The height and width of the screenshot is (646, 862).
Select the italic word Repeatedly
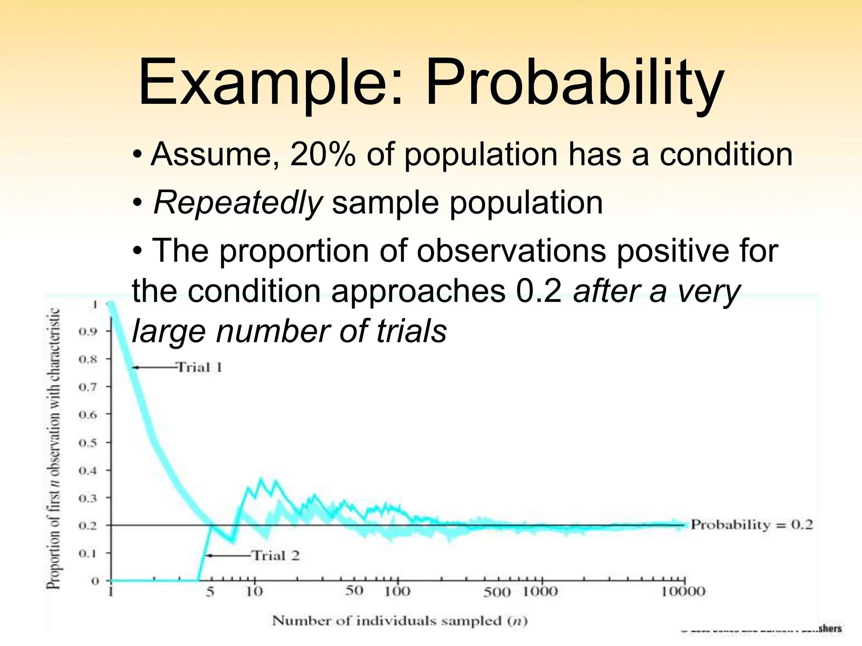[x=238, y=203]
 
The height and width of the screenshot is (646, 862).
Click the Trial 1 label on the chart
[x=199, y=368]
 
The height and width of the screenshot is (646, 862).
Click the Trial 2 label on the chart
[x=276, y=556]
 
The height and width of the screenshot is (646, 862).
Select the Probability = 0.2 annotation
[x=752, y=525]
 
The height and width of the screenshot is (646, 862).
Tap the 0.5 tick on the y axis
[x=88, y=443]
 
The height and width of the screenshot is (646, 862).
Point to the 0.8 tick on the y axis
[x=88, y=360]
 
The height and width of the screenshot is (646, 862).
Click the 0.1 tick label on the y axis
[x=88, y=553]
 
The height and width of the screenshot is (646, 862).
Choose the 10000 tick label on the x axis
[x=683, y=592]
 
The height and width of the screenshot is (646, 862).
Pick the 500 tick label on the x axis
[x=497, y=593]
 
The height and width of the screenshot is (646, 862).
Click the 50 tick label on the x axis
[x=354, y=591]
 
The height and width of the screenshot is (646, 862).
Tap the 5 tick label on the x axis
[x=210, y=592]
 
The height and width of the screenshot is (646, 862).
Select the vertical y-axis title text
[x=53, y=448]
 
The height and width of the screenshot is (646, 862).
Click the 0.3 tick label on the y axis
[x=88, y=498]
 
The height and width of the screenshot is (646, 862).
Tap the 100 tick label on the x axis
[x=397, y=592]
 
